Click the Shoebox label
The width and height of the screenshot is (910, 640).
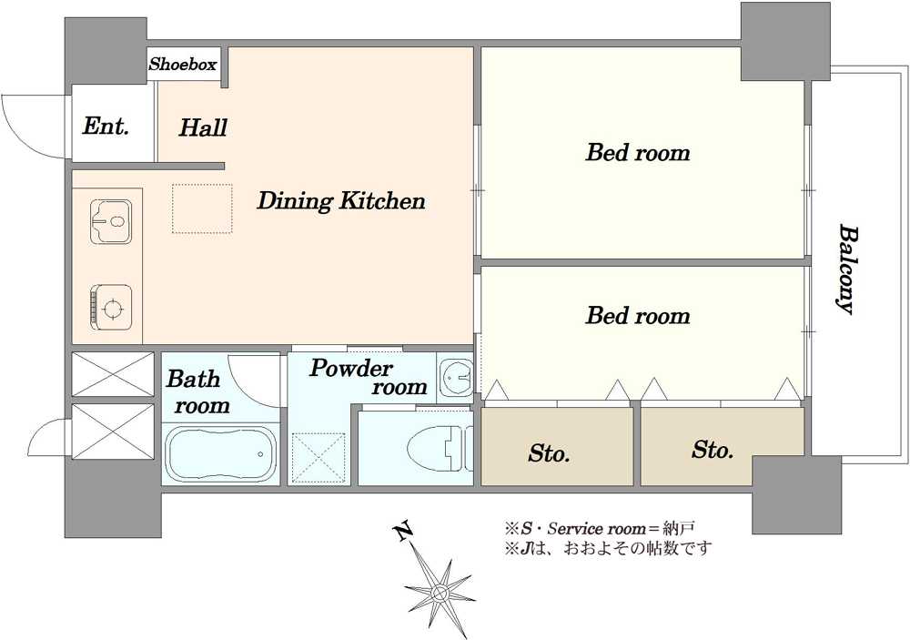183,64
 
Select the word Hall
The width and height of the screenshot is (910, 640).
203,127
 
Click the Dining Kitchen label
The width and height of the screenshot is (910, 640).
340,201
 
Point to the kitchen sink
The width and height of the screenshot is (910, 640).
111,222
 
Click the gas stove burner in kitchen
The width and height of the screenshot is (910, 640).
110,307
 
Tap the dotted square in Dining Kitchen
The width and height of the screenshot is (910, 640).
202,209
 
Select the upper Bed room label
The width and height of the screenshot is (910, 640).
638,153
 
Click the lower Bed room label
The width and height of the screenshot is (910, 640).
638,315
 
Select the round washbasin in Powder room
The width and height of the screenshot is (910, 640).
456,378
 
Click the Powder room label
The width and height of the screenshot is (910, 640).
369,378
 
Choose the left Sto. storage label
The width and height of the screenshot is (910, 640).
549,453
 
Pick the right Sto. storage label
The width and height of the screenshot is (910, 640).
713,450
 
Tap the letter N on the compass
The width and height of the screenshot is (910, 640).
402,532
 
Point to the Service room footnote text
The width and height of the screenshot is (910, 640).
600,529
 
